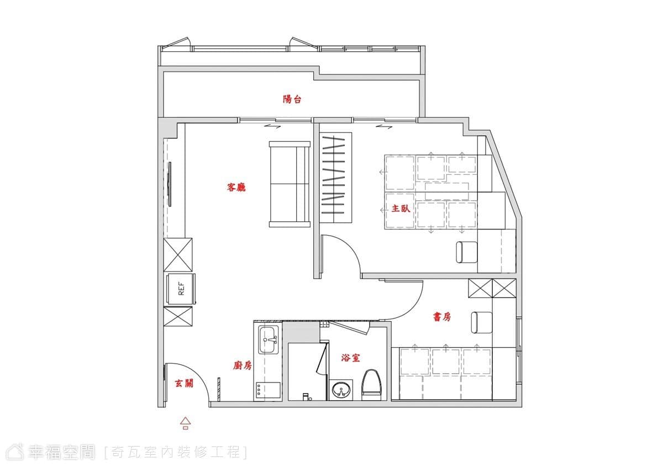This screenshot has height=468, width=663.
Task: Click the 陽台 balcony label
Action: [292, 99]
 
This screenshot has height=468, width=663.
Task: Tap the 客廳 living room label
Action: [236, 187]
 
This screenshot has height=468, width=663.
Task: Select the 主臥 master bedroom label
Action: [401, 209]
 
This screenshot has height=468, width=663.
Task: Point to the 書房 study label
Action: [442, 317]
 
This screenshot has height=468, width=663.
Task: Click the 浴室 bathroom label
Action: [350, 358]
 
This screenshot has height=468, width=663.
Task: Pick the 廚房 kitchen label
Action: [243, 366]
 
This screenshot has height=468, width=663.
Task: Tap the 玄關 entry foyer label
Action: [184, 384]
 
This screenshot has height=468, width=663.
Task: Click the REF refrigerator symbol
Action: [181, 289]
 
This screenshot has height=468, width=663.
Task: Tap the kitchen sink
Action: [269, 339]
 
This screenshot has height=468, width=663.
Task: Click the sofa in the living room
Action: [290, 184]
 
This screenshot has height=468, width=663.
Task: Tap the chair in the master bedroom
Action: [467, 252]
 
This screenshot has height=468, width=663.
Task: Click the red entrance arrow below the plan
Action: [186, 423]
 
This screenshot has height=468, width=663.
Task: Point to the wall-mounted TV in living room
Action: [170, 184]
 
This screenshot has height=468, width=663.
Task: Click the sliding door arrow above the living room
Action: [272, 126]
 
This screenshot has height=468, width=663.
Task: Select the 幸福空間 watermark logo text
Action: [62, 452]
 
